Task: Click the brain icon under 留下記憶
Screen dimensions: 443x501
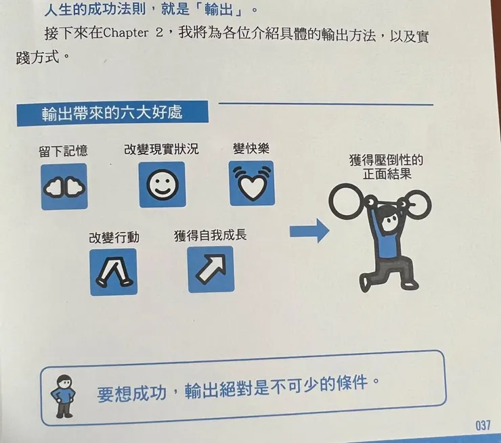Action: pyautogui.click(x=64, y=186)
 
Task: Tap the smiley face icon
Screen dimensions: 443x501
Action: pyautogui.click(x=162, y=185)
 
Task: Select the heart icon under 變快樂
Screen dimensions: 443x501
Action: pyautogui.click(x=251, y=183)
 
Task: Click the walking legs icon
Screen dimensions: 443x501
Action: pyautogui.click(x=113, y=271)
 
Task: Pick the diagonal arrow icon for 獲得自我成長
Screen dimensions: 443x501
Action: pyautogui.click(x=210, y=269)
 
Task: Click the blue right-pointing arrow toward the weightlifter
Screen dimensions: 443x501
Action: pyautogui.click(x=309, y=232)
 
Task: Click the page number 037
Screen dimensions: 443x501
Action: pyautogui.click(x=482, y=425)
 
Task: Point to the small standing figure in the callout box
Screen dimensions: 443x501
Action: pyautogui.click(x=64, y=393)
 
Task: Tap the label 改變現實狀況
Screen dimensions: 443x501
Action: pyautogui.click(x=161, y=149)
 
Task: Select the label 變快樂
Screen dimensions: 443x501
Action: pyautogui.click(x=250, y=148)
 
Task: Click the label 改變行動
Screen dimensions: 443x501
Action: pyautogui.click(x=114, y=237)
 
